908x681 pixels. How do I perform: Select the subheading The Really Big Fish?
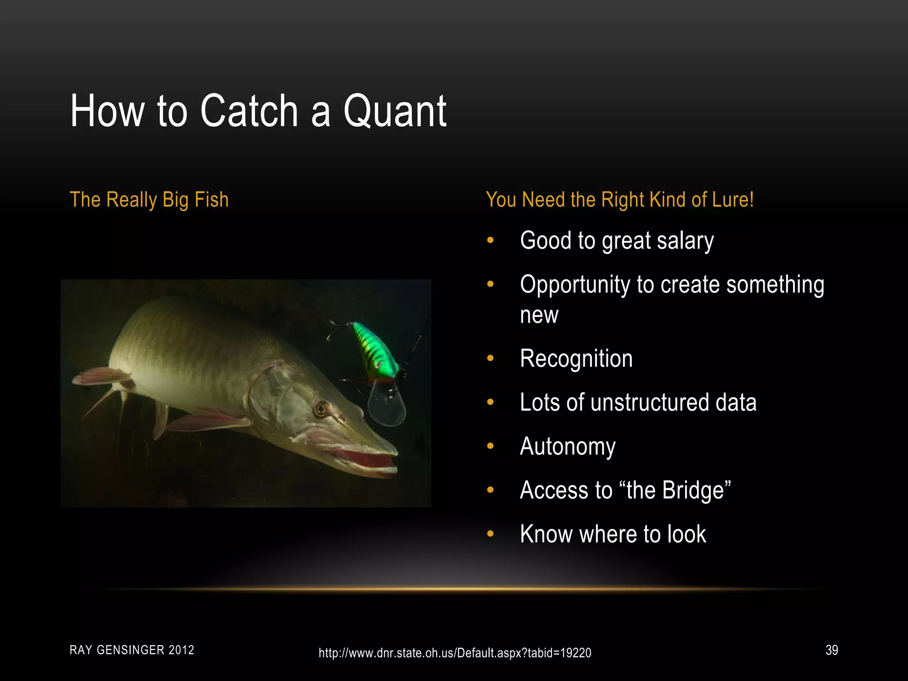(149, 200)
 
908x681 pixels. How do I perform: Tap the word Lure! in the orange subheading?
(732, 200)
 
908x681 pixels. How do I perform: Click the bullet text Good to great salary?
(616, 241)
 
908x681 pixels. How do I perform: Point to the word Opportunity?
(575, 285)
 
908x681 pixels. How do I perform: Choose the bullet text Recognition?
(576, 358)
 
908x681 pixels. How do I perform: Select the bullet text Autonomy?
(567, 446)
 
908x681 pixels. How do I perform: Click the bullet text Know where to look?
(613, 534)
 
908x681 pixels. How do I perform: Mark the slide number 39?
(831, 650)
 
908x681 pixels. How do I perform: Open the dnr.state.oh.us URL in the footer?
(454, 653)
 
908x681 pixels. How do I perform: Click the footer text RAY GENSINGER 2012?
(132, 650)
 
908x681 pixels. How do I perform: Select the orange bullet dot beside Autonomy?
(490, 446)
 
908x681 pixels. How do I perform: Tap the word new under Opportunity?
(539, 315)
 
